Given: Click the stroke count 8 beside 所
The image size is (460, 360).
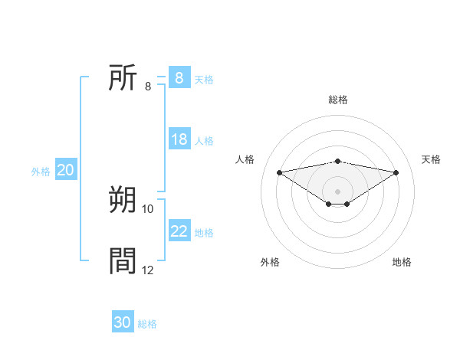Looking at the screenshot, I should click(147, 86).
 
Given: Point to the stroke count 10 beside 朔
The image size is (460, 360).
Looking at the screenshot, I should click(148, 208).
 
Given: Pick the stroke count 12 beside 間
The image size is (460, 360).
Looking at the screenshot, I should click(148, 270).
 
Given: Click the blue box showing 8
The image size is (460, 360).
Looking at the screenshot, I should click(179, 78).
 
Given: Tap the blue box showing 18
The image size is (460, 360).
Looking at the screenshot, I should click(179, 139).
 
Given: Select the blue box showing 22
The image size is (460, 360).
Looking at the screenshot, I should click(179, 231).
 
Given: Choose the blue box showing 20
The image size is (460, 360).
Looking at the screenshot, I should click(65, 170).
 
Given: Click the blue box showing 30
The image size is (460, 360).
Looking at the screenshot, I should click(122, 322).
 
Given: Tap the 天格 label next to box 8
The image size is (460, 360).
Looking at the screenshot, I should click(204, 79).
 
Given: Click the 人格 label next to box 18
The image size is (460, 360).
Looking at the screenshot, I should click(204, 140).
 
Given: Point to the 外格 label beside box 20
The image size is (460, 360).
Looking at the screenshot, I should click(41, 171).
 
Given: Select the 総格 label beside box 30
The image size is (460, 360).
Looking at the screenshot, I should click(147, 323).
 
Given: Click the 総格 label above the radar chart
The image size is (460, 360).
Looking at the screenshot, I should click(337, 100).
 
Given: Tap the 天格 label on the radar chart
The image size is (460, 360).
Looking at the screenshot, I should click(431, 159).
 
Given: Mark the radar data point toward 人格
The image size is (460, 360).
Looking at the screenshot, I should click(279, 172).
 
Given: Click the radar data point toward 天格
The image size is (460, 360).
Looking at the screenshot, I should click(396, 172).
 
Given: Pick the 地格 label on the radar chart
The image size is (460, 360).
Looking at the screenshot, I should click(402, 262).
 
